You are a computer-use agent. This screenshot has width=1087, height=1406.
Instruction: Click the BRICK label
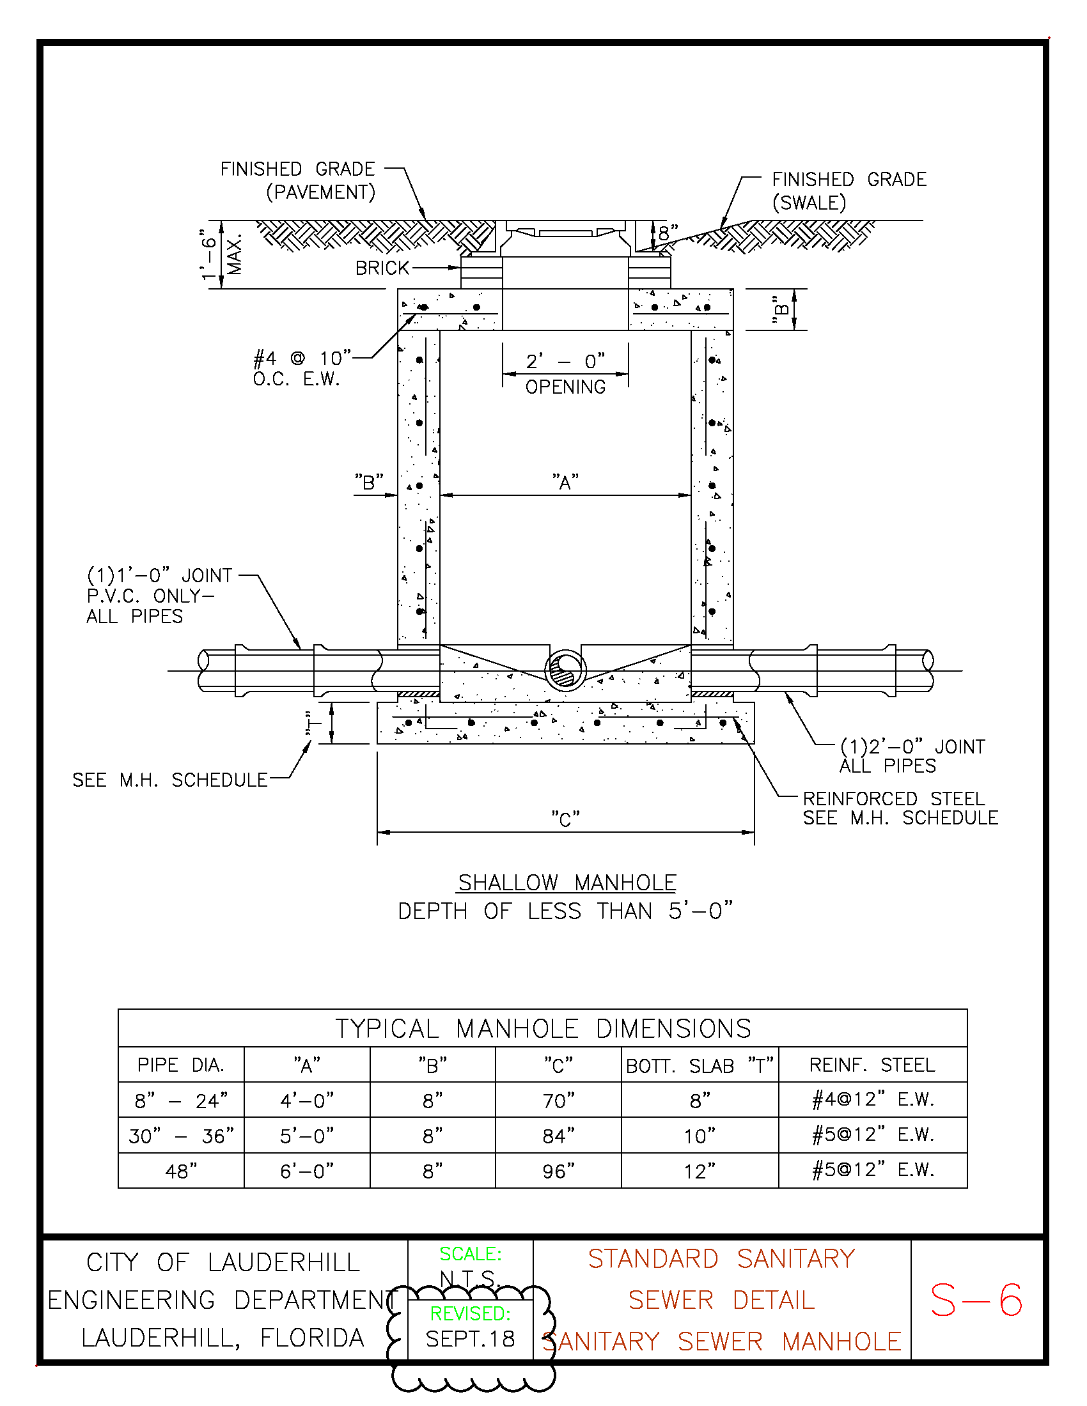[x=382, y=268]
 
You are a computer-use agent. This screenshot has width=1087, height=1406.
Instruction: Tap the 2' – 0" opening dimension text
[x=565, y=361]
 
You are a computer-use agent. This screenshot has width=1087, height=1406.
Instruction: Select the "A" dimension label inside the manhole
[x=565, y=481]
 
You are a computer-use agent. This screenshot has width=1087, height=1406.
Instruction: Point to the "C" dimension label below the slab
[x=565, y=819]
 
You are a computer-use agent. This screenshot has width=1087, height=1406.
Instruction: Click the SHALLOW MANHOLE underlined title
[x=567, y=882]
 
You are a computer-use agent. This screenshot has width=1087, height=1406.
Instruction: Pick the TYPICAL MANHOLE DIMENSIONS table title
[x=543, y=1029]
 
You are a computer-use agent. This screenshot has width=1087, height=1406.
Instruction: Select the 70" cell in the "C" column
[x=558, y=1101]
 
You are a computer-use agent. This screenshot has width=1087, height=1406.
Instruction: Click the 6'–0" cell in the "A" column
[x=306, y=1171]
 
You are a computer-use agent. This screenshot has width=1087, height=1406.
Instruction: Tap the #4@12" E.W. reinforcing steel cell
[x=873, y=1100]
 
